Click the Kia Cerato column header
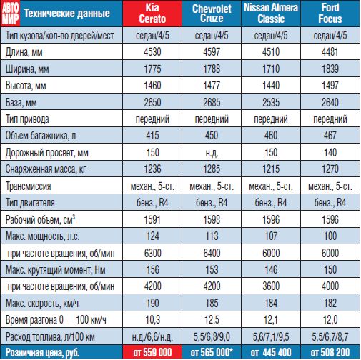coord(152,14)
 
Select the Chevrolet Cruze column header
coord(212,14)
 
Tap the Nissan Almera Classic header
coord(271,14)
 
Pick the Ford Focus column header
coord(330,14)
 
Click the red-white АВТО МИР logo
coord(10,14)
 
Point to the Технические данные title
coord(67,14)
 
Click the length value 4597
coord(212,52)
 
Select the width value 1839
coord(330,69)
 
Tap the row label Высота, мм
coord(26,86)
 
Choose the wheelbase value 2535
coord(271,102)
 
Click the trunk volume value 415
coord(152,136)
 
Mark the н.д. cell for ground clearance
coord(212,153)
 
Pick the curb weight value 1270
coord(330,169)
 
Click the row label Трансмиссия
coord(28,186)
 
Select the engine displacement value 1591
coord(152,219)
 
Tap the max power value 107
coord(271,236)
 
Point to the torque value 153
coord(212,269)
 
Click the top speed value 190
coord(152,303)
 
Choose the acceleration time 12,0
coord(330,320)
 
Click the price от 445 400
coord(271,352)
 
